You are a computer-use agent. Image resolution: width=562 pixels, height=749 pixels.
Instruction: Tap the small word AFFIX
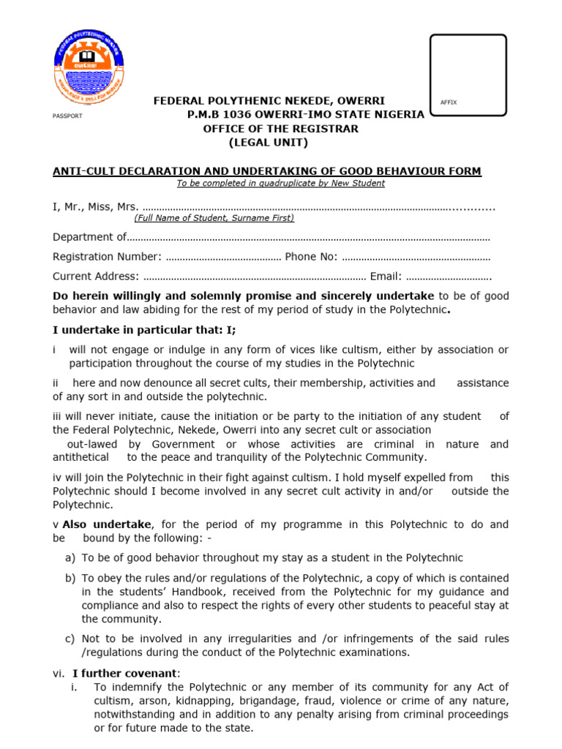tap(449, 102)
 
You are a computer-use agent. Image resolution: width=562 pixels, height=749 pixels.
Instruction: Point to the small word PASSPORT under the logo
tap(67, 116)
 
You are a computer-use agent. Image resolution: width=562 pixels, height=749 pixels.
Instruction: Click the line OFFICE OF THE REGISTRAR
tap(280, 129)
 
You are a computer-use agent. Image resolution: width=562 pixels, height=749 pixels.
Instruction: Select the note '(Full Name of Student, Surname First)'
tap(214, 218)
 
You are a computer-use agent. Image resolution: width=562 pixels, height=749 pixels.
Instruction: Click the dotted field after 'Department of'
tap(308, 237)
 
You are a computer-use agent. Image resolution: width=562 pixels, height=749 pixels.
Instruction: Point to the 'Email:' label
tap(386, 276)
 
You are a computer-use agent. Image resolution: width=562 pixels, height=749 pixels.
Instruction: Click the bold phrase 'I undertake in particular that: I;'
tap(144, 330)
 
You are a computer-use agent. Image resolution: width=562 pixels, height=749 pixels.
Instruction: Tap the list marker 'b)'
tap(70, 578)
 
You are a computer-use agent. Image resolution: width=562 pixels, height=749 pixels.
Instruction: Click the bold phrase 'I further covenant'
tap(124, 673)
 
